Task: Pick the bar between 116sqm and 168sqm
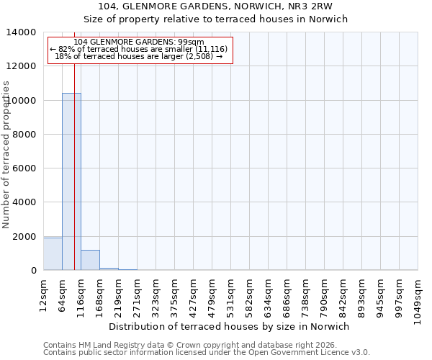90,260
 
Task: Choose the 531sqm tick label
230,296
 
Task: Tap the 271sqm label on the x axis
137,296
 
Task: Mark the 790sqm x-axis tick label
324,296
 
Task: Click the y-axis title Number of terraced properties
6,154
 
